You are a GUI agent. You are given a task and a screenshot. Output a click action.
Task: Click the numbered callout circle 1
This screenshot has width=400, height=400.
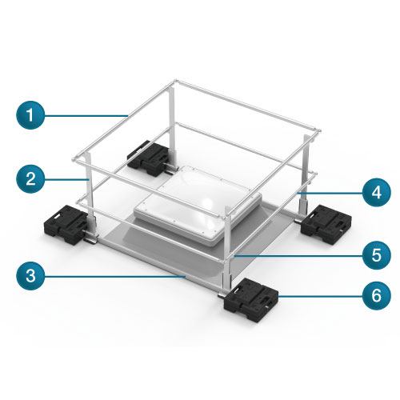tap(30, 115)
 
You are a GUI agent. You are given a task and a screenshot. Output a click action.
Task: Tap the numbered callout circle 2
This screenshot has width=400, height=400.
tap(30, 179)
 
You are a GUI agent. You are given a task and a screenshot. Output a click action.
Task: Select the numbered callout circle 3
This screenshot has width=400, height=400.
tap(30, 276)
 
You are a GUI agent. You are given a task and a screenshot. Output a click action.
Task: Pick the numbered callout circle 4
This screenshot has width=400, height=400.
tap(376, 192)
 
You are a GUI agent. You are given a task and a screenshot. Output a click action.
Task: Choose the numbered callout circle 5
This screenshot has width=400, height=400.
tap(376, 255)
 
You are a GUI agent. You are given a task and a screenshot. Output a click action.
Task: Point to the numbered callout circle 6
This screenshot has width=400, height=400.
tap(376, 295)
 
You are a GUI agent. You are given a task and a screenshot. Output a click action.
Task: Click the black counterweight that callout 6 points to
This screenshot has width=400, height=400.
tap(251, 299)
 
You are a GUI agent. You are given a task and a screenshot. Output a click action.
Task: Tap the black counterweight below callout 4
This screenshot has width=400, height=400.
tap(326, 223)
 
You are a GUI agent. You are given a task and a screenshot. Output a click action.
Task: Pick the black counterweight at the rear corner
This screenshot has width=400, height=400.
tap(148, 158)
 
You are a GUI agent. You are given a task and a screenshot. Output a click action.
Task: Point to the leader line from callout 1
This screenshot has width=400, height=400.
tap(86, 115)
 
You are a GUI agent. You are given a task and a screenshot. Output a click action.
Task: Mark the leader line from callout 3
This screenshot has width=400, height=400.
tap(115, 277)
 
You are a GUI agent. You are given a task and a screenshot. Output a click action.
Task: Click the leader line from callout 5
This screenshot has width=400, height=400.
tap(298, 256)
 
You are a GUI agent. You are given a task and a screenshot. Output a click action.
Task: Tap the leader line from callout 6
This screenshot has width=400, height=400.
tap(320, 296)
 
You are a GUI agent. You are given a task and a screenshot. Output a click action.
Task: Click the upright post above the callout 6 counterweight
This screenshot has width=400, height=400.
tap(227, 250)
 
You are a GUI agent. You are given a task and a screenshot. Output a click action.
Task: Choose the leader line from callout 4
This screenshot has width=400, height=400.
tap(330, 193)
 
